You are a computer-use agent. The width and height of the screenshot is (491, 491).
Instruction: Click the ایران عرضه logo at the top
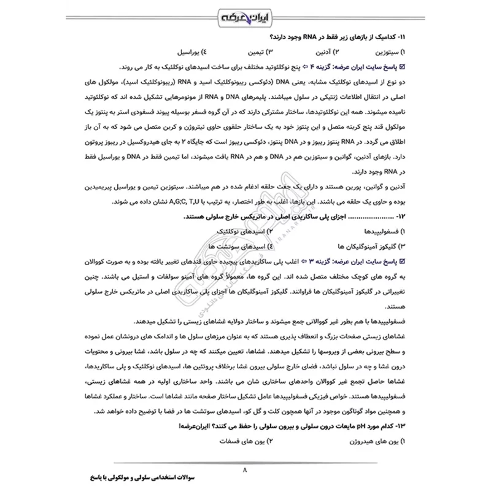coord(245,17)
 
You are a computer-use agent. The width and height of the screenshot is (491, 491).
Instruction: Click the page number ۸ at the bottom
coord(245,470)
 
